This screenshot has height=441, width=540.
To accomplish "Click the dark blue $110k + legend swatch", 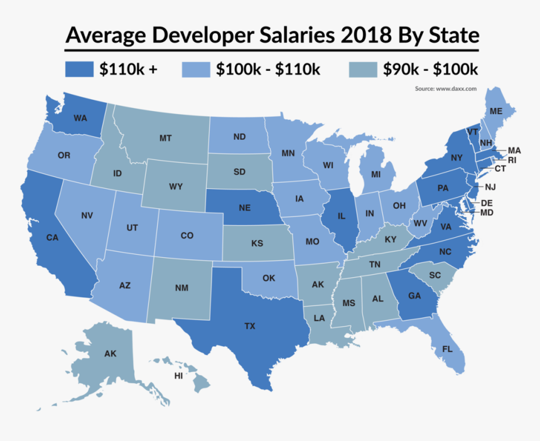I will point(80,69).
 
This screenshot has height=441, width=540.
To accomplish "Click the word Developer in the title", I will point(202,35).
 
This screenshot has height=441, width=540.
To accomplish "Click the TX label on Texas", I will point(250,326).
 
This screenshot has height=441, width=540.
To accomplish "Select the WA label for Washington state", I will point(80,118).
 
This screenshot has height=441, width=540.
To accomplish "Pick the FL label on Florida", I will point(448,349).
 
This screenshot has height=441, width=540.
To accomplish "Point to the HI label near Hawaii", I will point(179,376).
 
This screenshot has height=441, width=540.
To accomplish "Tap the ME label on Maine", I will point(496,111).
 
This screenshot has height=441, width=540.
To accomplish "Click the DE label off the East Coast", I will point(487,203).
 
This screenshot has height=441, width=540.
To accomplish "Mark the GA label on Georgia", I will point(414,296).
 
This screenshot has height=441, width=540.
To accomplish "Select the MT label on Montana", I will point(165,137).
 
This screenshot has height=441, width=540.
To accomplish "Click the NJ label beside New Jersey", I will point(491,187).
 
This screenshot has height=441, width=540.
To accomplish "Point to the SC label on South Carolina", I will point(435,275).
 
